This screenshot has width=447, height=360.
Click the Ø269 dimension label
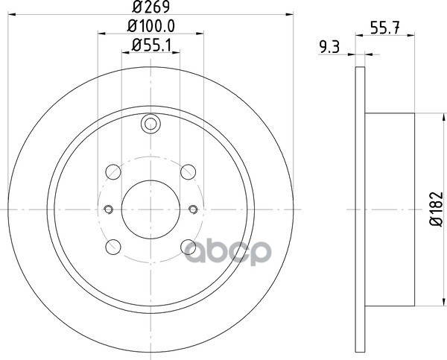click(151, 7)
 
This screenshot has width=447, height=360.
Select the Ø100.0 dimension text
click(151, 26)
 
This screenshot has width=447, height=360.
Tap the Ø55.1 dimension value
click(151, 45)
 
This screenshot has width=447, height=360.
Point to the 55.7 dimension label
click(385, 28)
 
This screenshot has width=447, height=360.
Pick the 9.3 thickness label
click(329, 47)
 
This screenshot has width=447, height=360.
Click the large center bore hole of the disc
click(150, 209)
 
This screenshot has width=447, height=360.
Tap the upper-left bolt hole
click(113, 172)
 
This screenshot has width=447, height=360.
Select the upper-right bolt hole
click(188, 172)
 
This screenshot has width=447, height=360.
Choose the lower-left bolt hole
click(113, 247)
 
